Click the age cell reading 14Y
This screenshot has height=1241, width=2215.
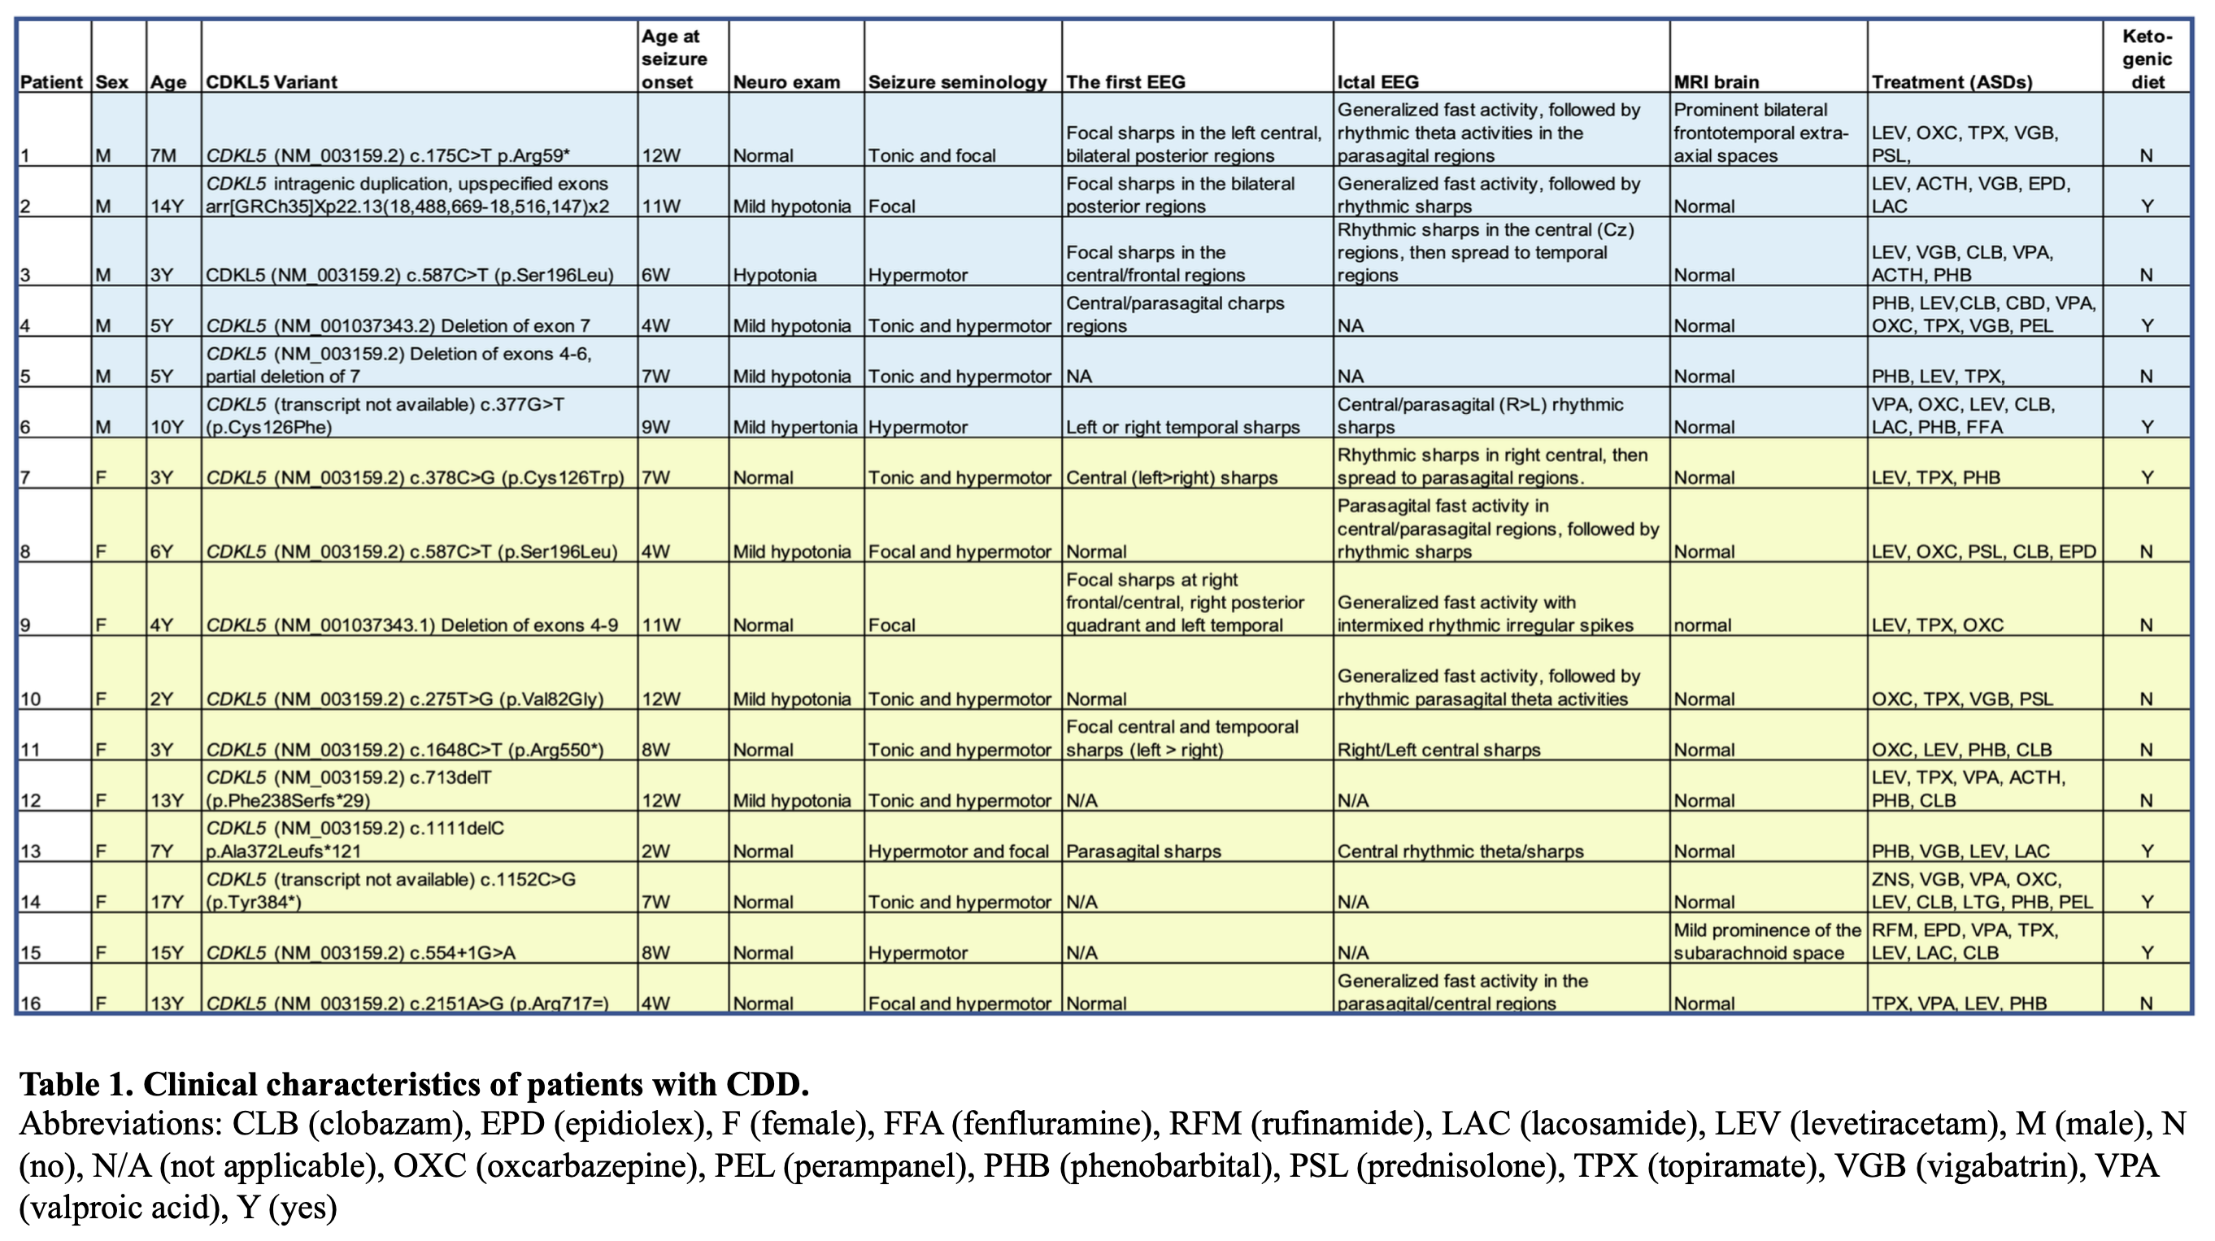click(167, 207)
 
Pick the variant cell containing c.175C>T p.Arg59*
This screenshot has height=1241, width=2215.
click(388, 155)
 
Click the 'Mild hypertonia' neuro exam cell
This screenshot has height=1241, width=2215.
click(794, 427)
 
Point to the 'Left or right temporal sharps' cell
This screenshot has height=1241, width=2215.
click(1182, 427)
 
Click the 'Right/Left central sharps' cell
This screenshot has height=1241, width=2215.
click(1438, 750)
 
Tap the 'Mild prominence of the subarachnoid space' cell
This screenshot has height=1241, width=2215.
click(1767, 941)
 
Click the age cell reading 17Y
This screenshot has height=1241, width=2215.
click(167, 902)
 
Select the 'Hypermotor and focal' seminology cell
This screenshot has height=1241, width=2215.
click(958, 851)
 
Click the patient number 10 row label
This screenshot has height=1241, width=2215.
click(30, 699)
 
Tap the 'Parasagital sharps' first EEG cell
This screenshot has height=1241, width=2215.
click(1143, 851)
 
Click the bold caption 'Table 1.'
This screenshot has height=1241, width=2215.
click(76, 1085)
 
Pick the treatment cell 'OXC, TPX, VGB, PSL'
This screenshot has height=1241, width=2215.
click(1962, 699)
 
